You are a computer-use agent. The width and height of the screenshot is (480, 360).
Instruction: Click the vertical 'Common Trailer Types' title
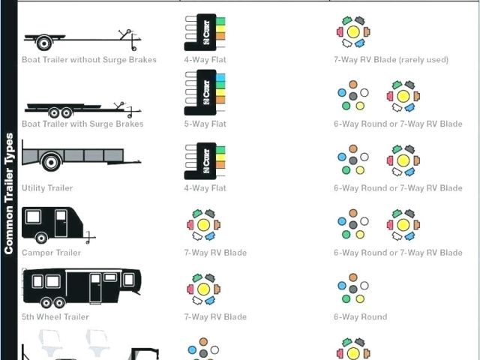tap(9, 193)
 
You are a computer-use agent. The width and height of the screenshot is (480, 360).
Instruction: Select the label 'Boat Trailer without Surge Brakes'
tap(89, 60)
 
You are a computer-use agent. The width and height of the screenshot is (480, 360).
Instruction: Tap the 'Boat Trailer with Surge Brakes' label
tap(82, 124)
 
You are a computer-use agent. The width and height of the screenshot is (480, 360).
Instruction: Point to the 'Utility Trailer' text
tap(47, 188)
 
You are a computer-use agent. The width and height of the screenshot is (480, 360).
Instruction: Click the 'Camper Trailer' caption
tap(51, 253)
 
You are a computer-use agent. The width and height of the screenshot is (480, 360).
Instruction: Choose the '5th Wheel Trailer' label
tap(55, 316)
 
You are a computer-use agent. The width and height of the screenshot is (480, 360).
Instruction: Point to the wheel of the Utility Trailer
tap(51, 162)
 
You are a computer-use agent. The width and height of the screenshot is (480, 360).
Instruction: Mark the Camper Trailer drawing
tap(55, 223)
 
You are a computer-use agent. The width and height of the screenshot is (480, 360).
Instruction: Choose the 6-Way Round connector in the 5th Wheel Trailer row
tap(352, 289)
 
